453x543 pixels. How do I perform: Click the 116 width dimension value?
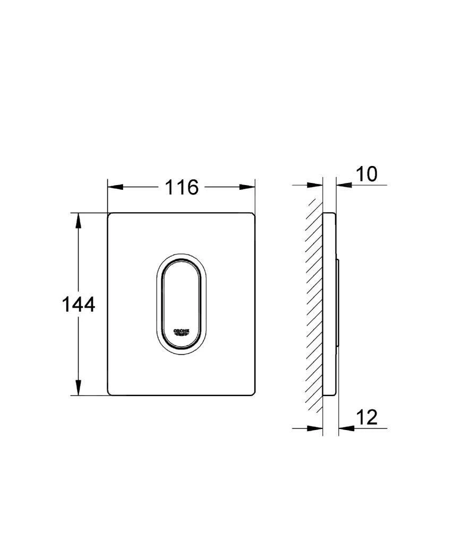181,187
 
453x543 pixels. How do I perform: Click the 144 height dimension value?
79,304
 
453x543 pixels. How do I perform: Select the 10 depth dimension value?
366,174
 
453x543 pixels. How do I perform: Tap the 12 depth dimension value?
366,417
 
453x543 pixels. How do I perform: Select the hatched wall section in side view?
315,304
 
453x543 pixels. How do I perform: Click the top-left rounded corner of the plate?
110,215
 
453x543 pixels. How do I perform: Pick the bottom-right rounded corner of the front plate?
253,393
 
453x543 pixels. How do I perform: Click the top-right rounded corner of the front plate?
253,215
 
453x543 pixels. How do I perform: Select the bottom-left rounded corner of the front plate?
110,393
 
